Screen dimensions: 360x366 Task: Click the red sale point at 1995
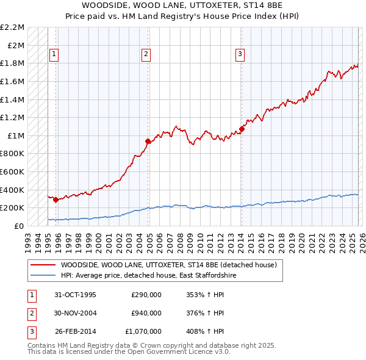point(56,200)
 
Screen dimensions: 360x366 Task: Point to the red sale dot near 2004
point(148,141)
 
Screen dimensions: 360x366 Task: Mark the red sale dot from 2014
point(242,129)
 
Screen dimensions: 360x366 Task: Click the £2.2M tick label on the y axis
point(12,27)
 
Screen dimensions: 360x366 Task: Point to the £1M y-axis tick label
point(16,135)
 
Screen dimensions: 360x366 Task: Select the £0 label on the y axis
point(20,226)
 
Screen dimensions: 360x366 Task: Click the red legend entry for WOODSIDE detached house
point(168,265)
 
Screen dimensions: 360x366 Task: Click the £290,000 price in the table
point(146,295)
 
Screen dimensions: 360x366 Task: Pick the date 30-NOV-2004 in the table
point(76,313)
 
